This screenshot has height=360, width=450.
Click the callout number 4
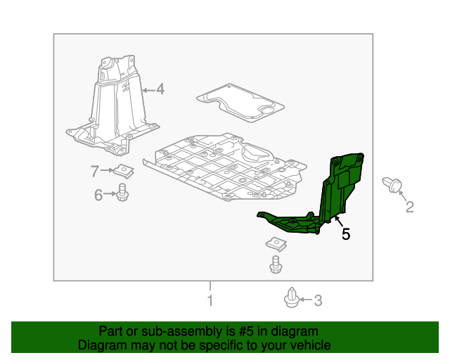[x=160, y=89]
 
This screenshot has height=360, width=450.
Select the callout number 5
[x=346, y=234]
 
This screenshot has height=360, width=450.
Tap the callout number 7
[x=95, y=171]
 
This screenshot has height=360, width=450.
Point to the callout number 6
[x=98, y=195]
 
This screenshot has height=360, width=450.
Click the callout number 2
[x=409, y=207]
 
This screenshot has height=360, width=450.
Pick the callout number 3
[x=318, y=300]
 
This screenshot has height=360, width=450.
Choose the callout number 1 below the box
[x=210, y=300]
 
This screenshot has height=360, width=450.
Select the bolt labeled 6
[x=122, y=193]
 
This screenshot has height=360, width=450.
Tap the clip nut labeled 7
[x=124, y=171]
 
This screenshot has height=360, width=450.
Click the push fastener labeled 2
[x=392, y=185]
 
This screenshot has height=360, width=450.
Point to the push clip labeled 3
[x=292, y=297]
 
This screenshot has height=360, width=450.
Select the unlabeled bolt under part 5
[x=276, y=264]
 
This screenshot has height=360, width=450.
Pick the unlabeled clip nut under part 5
[x=276, y=244]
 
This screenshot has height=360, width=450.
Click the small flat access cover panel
[x=240, y=103]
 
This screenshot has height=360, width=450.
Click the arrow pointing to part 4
[x=148, y=90]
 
